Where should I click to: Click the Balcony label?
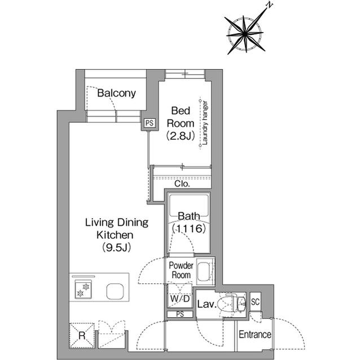click(116, 94)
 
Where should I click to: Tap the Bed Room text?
click(180, 117)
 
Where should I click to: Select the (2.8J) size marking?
click(180, 136)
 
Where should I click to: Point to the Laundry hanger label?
click(205, 123)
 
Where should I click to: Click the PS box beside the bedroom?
click(149, 123)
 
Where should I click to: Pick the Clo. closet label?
click(182, 184)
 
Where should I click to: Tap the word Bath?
click(189, 216)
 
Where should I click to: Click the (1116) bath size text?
click(189, 229)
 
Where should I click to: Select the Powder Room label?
click(181, 270)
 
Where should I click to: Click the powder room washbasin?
click(204, 271)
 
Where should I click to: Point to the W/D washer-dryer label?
click(180, 299)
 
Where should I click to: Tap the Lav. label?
click(207, 304)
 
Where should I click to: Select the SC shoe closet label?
click(256, 301)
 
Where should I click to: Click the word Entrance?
click(255, 335)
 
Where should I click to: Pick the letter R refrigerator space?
click(82, 336)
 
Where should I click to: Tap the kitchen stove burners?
click(83, 290)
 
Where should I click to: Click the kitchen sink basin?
click(115, 291)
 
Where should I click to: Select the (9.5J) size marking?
click(117, 247)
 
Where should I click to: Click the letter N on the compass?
click(269, 5)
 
